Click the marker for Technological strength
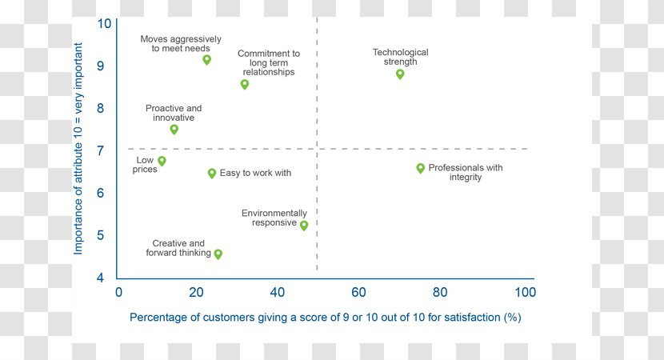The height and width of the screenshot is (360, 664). click(x=400, y=74)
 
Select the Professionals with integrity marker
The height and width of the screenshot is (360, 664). click(x=420, y=168)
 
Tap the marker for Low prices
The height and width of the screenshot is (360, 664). click(x=162, y=161)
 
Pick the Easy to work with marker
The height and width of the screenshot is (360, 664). click(x=212, y=173)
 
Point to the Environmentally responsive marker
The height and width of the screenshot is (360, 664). click(x=304, y=225)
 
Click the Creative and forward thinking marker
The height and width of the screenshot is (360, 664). click(x=218, y=254)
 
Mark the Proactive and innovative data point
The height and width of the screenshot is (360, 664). click(x=174, y=129)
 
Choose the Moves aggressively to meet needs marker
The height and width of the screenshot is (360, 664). click(x=206, y=59)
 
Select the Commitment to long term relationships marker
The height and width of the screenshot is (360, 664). click(x=245, y=84)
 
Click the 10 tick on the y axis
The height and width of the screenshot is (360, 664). click(x=105, y=23)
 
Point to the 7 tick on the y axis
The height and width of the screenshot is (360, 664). click(x=105, y=150)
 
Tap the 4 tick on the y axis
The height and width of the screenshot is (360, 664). click(x=105, y=278)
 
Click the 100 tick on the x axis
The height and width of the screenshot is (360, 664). click(x=525, y=292)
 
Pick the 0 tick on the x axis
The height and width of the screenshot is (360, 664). click(x=118, y=292)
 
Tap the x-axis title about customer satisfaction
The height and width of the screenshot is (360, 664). click(x=325, y=318)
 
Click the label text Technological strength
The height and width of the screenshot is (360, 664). click(x=400, y=57)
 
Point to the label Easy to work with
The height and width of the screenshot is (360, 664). click(x=255, y=173)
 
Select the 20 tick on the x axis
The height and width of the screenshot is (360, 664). click(x=198, y=292)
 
